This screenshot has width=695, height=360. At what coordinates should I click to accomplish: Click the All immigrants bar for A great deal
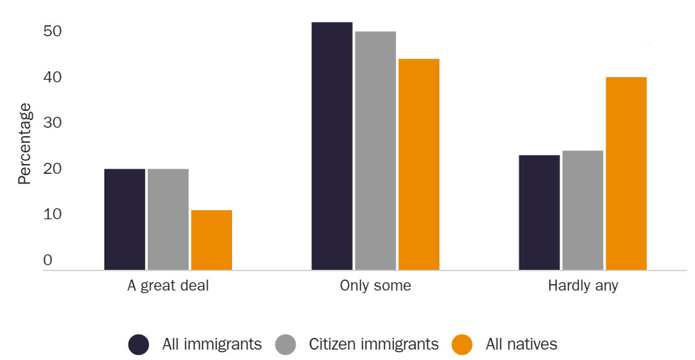(x=124, y=219)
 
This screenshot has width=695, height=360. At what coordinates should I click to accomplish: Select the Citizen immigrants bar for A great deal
(x=168, y=219)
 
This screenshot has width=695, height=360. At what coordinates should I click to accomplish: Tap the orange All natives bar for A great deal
(x=211, y=240)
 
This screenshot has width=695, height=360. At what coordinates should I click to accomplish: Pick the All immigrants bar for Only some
(x=332, y=146)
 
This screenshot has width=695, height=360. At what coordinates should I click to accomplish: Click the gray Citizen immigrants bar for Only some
(x=375, y=150)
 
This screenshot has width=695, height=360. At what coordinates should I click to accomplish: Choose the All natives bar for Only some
(x=419, y=164)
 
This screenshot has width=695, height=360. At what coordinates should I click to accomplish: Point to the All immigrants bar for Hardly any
(x=539, y=212)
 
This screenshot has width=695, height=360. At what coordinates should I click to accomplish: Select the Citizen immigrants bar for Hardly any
(x=583, y=210)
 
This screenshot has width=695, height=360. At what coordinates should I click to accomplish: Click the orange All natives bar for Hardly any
(x=626, y=173)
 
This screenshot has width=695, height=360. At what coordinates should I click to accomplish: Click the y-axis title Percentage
(x=24, y=143)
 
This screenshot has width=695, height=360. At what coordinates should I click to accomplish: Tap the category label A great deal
(x=168, y=286)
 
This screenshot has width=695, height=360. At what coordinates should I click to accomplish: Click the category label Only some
(x=375, y=286)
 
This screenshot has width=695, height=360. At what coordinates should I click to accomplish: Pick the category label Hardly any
(x=583, y=286)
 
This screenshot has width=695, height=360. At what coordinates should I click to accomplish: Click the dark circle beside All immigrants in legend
(x=139, y=344)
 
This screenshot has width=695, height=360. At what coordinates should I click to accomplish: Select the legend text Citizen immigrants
(x=373, y=344)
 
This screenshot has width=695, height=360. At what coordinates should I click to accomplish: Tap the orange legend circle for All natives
(x=462, y=344)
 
